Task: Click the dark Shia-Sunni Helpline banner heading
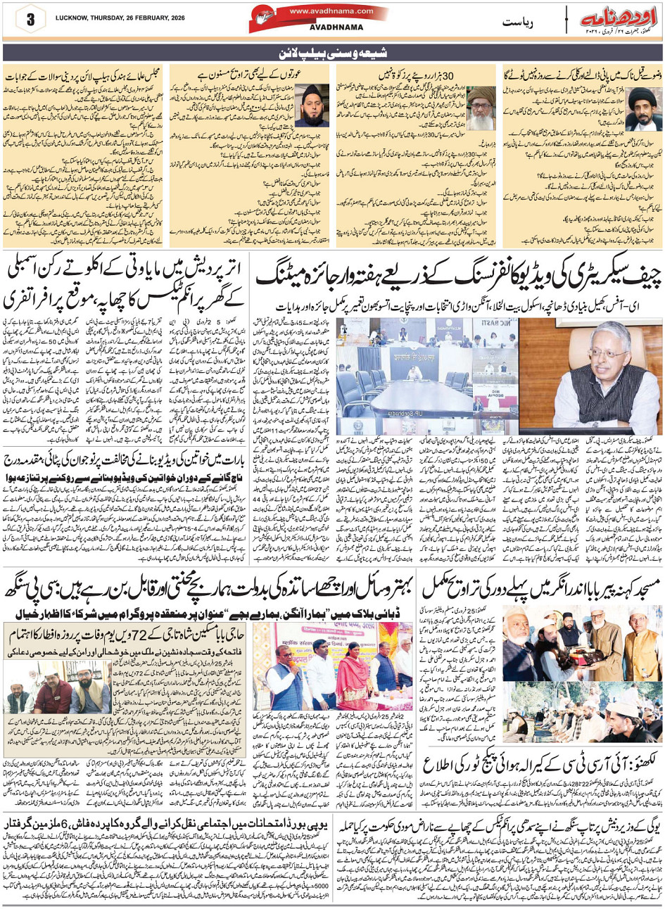[x=332, y=53]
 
